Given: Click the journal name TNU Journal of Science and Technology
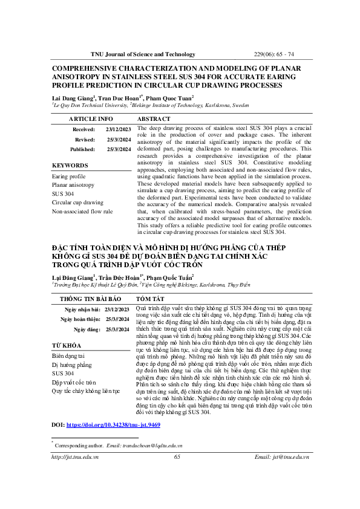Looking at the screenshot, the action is (x=143, y=54).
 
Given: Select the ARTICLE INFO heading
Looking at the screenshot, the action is (x=90, y=119).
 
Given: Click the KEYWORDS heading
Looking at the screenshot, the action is (x=70, y=165).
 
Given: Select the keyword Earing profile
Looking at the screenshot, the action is (x=68, y=176).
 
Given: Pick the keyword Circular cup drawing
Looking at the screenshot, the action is (x=79, y=203).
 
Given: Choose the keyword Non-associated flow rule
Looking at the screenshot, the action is (x=83, y=212).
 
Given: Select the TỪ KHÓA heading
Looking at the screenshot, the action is (x=67, y=345).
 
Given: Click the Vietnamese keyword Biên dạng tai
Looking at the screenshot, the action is (x=68, y=356).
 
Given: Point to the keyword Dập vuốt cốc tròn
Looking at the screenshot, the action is (x=74, y=383).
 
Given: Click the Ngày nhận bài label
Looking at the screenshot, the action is (x=83, y=309).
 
